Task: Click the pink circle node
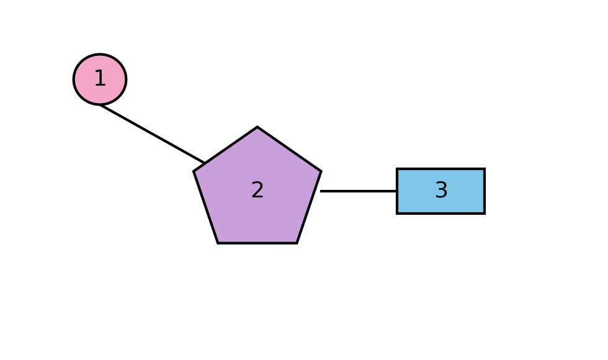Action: (100, 79)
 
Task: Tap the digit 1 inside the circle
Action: (100, 78)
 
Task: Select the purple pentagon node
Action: (257, 190)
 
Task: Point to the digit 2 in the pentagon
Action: (257, 190)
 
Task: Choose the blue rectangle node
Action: (441, 191)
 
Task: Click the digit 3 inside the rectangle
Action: (441, 190)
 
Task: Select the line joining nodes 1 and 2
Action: (153, 134)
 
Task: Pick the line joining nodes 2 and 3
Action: (359, 191)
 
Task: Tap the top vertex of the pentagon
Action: (257, 127)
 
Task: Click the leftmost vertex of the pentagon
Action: (194, 171)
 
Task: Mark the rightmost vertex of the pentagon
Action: (321, 171)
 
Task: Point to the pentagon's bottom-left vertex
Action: (218, 243)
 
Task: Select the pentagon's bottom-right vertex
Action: (297, 243)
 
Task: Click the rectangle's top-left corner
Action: (396, 169)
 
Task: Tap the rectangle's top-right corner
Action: (485, 169)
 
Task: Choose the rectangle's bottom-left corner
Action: (396, 214)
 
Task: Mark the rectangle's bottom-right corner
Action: (485, 214)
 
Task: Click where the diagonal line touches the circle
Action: (100, 105)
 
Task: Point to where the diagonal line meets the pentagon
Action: (205, 163)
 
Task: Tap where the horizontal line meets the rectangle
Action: (396, 191)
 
